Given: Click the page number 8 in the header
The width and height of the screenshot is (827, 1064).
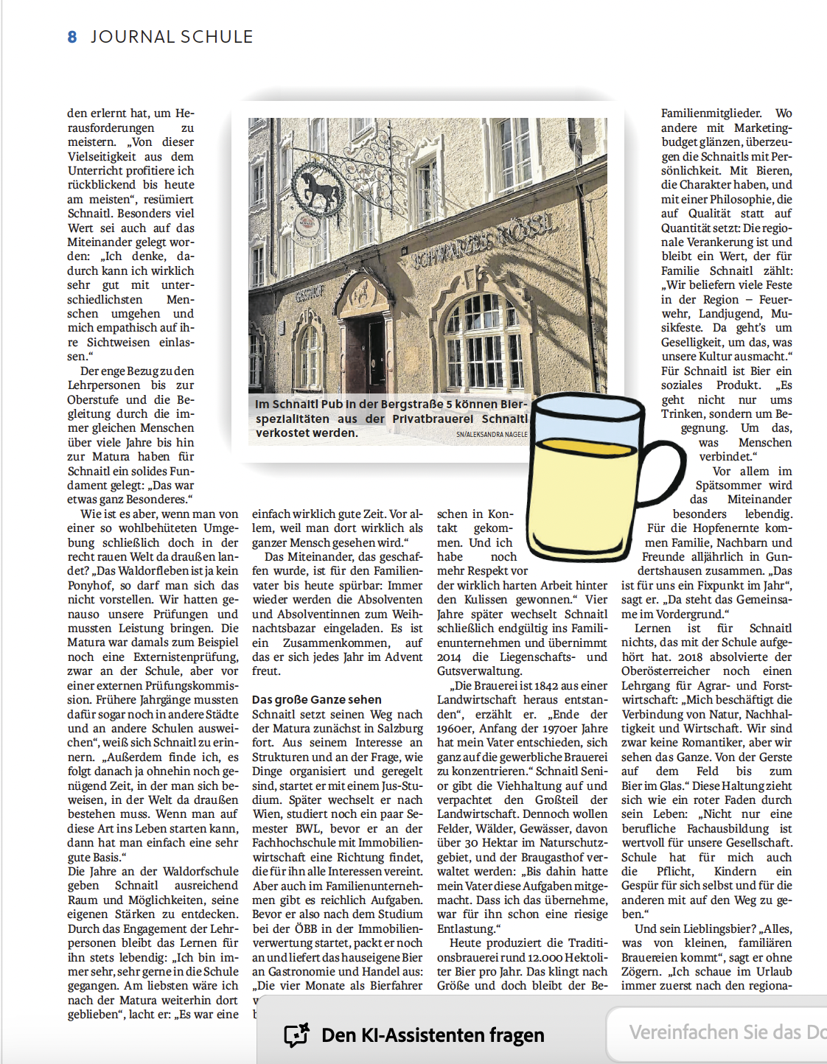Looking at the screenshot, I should (71, 37).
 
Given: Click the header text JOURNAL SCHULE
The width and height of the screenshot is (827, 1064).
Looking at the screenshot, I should (172, 37).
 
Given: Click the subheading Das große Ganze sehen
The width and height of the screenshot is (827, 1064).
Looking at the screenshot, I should (317, 700).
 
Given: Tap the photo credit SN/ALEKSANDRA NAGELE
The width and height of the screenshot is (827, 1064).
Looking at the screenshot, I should (492, 435).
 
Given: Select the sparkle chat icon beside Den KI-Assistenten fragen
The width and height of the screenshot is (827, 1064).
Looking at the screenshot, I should (296, 1035).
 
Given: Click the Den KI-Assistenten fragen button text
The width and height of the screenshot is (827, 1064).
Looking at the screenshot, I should (433, 1035).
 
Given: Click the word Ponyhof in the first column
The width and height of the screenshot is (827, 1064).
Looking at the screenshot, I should (91, 586).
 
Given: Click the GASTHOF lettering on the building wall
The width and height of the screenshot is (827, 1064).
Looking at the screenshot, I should (310, 295).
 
